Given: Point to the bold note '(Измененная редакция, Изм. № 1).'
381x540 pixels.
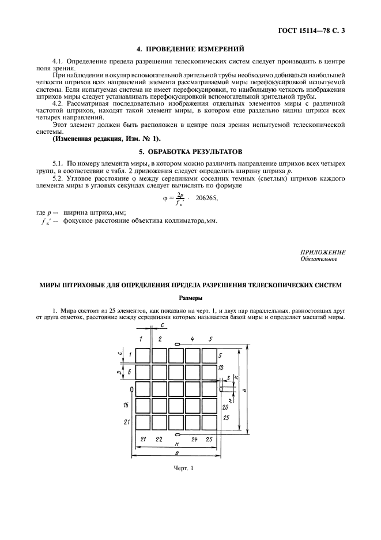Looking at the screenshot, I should click(x=107, y=139).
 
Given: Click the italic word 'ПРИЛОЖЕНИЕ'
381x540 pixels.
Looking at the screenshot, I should click(x=323, y=252).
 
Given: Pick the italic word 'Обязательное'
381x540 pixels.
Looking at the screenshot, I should click(x=319, y=259).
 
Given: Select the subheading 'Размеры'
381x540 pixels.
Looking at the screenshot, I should click(x=190, y=298).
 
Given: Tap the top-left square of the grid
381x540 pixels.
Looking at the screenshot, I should click(x=142, y=355).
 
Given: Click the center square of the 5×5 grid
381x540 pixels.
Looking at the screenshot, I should click(x=176, y=389).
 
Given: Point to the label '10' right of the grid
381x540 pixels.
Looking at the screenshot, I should click(x=221, y=367).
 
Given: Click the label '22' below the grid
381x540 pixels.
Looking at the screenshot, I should click(x=159, y=440).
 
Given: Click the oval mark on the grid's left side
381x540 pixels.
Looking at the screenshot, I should click(x=133, y=390).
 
